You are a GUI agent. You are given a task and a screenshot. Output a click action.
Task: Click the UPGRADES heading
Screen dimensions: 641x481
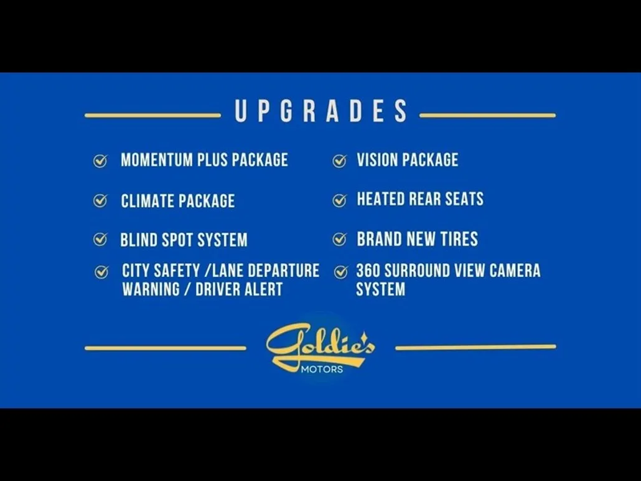click(x=321, y=111)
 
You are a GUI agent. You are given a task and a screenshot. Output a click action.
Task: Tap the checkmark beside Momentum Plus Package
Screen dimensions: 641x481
click(x=100, y=161)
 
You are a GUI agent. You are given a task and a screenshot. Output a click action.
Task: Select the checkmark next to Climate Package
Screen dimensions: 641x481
click(x=100, y=200)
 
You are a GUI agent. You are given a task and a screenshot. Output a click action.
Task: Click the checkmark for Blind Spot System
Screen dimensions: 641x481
click(x=100, y=239)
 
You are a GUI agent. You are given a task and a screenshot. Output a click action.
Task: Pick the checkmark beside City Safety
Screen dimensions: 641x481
click(x=101, y=272)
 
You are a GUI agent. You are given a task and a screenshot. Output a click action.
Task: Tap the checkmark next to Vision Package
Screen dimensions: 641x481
click(x=339, y=161)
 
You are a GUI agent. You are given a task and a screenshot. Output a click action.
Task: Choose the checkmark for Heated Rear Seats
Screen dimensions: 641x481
click(x=339, y=200)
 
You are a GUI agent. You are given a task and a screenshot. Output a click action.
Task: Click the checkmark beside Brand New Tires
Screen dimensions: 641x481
click(x=339, y=239)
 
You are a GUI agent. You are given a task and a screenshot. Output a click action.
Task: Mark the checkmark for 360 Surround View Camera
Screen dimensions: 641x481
click(x=340, y=272)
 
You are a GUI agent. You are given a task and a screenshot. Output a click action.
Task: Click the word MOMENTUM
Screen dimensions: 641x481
click(x=157, y=160)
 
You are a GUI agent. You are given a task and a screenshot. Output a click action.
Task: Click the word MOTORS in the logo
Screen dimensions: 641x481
click(x=322, y=370)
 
